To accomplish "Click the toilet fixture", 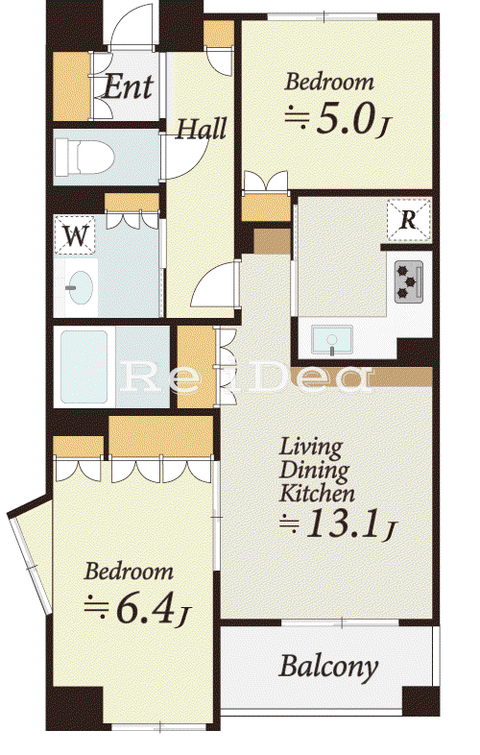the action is click(x=84, y=157).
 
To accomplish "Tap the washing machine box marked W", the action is click(x=76, y=235).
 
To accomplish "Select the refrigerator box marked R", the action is click(x=409, y=220).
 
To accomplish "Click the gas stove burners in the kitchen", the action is click(x=409, y=281).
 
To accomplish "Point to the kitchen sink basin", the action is click(x=332, y=339).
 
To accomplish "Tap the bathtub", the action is click(x=84, y=367).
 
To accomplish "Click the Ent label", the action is click(x=128, y=87).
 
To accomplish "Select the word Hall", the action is click(x=201, y=129).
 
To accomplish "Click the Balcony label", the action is click(x=329, y=668).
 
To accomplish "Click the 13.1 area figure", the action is click(x=339, y=524).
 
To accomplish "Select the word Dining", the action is click(x=314, y=471).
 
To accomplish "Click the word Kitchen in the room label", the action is click(x=317, y=493).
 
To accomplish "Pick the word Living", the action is click(x=311, y=449).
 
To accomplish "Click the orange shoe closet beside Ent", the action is click(x=72, y=86).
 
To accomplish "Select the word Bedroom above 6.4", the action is click(x=129, y=572).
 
